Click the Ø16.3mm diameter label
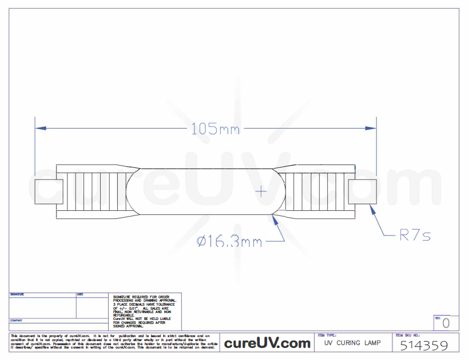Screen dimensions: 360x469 tap(229, 242)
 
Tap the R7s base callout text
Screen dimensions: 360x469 tap(415, 235)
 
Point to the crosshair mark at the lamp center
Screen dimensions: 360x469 tap(261, 191)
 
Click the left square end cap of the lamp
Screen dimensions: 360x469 tap(49, 191)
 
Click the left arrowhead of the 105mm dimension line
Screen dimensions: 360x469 tap(39, 128)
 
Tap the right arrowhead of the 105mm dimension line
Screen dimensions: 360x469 tap(372, 128)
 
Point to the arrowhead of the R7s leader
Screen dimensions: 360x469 tap(372, 209)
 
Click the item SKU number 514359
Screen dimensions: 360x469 tap(423, 345)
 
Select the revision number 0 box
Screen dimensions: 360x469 tap(446, 323)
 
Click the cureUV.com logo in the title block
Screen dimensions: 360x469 tap(267, 343)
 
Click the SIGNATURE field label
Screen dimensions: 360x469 tap(17, 295)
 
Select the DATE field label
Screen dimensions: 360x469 tap(80, 295)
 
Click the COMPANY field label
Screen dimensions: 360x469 tap(16, 321)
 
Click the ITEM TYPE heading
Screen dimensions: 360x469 tap(327, 335)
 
